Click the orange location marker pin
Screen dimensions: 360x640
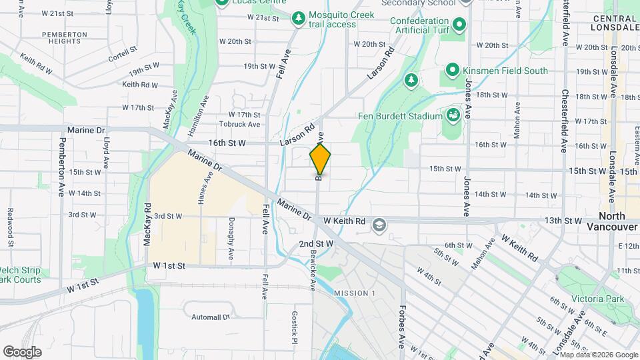coord(320,159)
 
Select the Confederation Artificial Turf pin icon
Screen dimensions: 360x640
coord(459,26)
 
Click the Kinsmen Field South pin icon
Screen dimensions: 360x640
coord(452,70)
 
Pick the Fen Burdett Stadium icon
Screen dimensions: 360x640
coord(453,116)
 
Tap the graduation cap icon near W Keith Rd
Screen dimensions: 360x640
coord(379,225)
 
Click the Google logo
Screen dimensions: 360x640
coord(22,352)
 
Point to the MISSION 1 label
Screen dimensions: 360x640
coord(355,294)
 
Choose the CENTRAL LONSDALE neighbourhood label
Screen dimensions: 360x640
coord(615,23)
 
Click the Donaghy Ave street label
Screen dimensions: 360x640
coord(231,239)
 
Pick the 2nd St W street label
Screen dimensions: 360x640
coord(316,244)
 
